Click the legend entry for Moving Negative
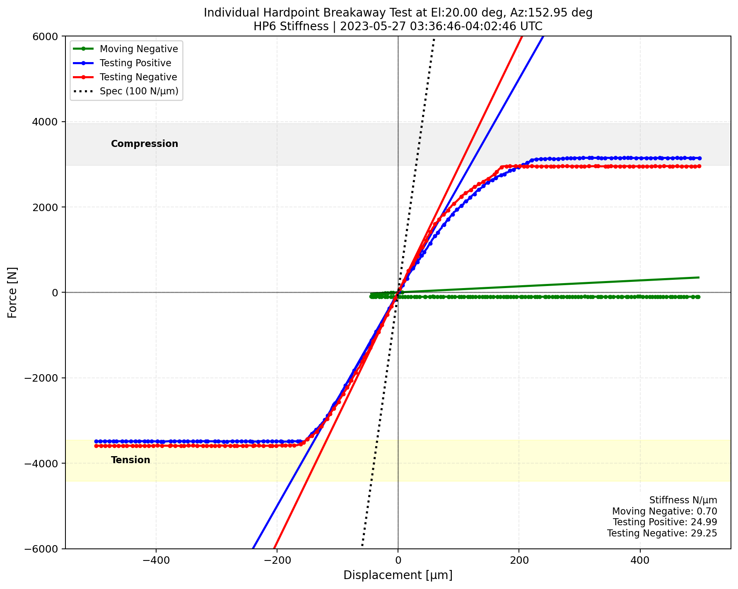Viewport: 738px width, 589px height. (139, 49)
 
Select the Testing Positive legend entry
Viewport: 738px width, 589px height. (135, 63)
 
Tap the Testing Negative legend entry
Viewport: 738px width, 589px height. (138, 77)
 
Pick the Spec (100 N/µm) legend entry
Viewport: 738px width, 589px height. (139, 91)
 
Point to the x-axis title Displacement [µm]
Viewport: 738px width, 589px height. (398, 575)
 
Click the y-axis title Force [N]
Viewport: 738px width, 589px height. (12, 292)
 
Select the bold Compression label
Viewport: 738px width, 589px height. (145, 144)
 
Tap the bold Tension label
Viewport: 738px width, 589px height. (130, 460)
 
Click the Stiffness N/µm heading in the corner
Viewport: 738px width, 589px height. (683, 500)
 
